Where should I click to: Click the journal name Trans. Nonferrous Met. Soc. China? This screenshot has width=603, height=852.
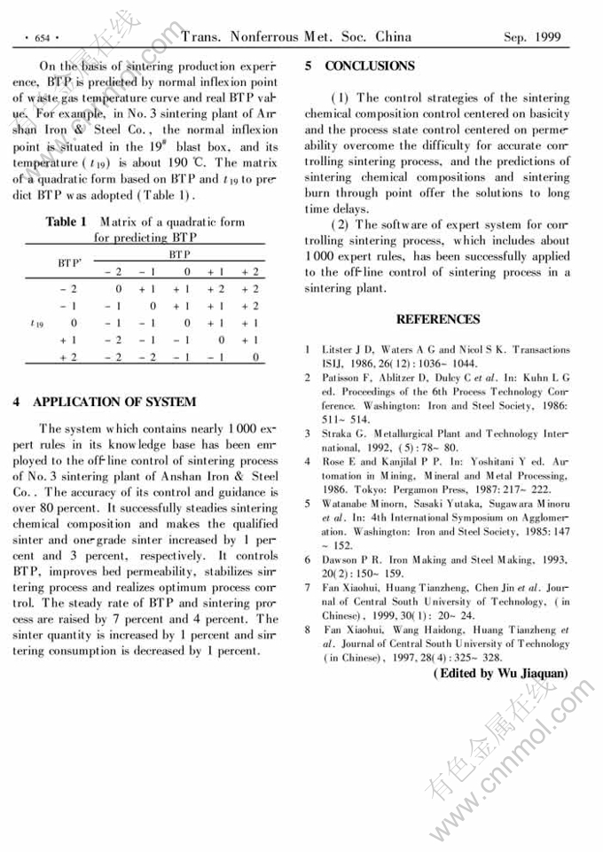(296, 36)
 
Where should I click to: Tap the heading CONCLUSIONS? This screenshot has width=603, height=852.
(369, 66)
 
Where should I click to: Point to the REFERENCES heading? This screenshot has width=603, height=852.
(437, 319)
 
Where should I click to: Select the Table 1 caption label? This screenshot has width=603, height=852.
(66, 222)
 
